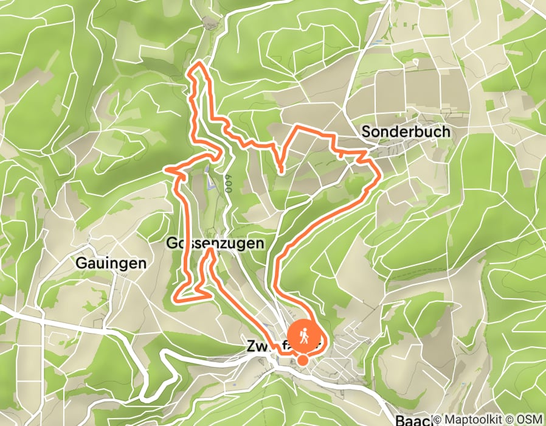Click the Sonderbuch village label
[406, 131]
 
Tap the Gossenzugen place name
[215, 243]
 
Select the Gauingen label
[111, 264]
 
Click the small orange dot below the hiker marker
[303, 361]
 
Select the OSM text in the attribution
[529, 420]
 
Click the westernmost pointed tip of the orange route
[168, 170]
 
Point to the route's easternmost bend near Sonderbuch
[379, 176]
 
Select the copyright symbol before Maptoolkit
[437, 420]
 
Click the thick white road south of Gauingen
[73, 323]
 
